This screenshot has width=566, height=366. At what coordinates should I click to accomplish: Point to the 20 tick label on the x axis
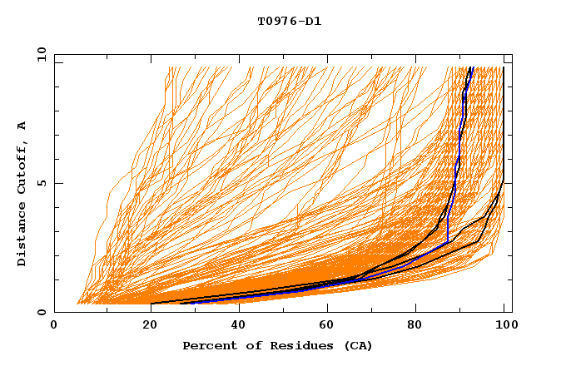pos(145,325)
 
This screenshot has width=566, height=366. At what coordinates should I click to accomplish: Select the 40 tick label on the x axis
pos(235,325)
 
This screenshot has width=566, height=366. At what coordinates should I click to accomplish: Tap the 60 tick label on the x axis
pos(325,325)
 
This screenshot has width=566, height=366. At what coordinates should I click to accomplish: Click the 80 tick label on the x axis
pos(415,325)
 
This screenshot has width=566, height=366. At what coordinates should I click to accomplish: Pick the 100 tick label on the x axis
pos(504,325)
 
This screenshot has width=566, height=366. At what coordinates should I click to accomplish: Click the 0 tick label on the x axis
pos(55,325)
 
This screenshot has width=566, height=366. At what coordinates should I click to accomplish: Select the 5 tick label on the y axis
pos(44,183)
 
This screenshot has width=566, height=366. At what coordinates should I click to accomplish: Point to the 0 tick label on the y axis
pos(44,312)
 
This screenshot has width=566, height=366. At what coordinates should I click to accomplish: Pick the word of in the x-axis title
pos(245,345)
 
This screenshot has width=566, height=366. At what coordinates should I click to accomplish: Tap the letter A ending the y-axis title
pos(22,126)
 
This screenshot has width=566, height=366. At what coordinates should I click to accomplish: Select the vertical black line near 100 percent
pos(504,125)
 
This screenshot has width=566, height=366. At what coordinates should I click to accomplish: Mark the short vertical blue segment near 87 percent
pos(448,229)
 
